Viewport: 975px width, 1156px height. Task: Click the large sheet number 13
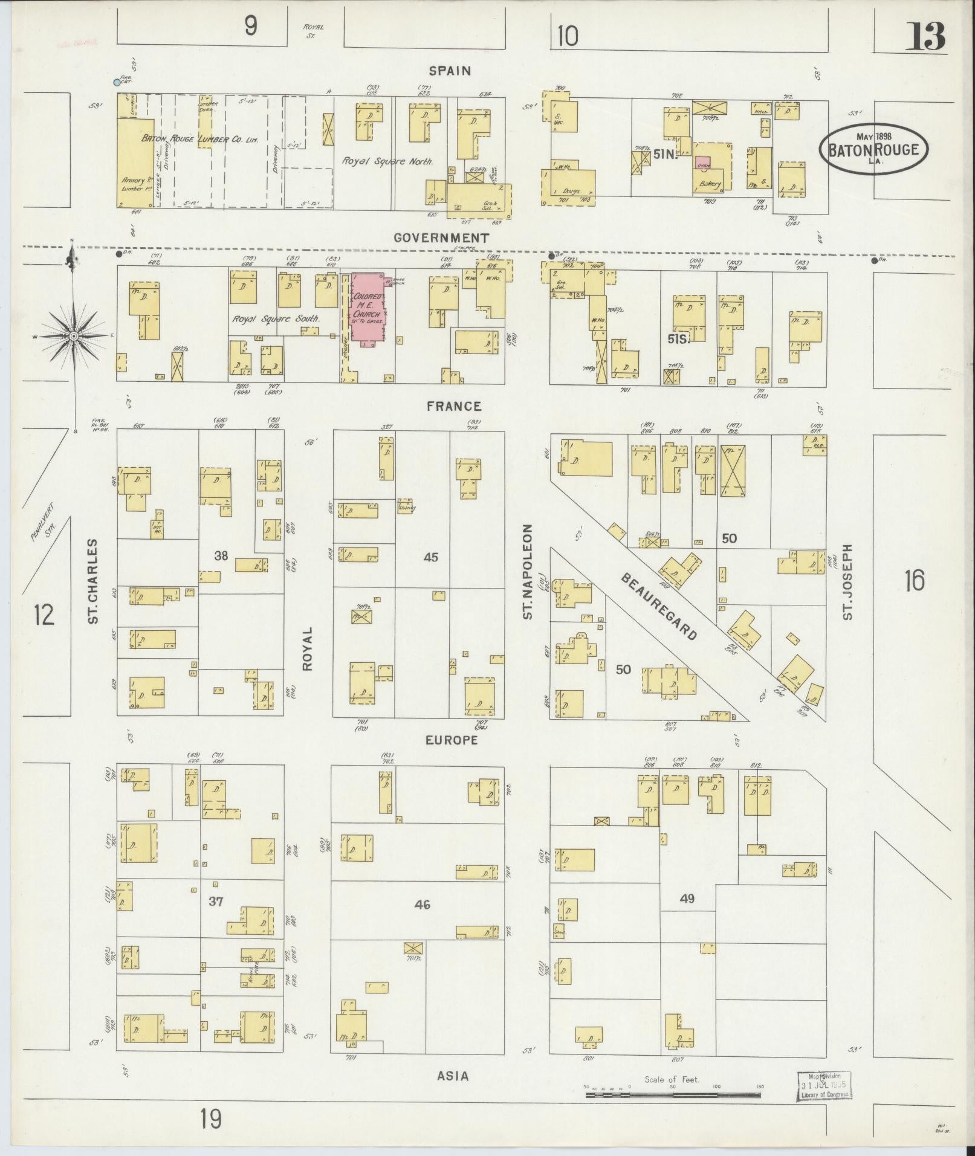924,36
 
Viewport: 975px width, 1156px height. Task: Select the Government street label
441,238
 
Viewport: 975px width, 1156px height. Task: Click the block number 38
221,555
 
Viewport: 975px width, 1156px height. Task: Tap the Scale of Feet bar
673,1094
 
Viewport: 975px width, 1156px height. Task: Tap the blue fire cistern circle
117,82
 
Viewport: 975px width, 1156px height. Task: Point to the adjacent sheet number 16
915,581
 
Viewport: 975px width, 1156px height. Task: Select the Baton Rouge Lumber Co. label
200,139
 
